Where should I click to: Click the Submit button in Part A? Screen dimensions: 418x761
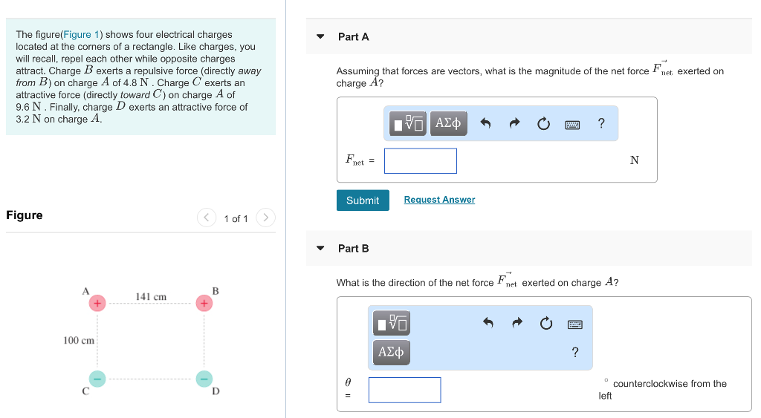point(363,200)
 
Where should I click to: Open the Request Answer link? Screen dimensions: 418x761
point(439,200)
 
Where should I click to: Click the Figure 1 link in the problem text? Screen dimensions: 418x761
point(82,35)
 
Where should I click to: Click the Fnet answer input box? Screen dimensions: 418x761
point(421,161)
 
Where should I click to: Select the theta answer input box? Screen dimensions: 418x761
point(404,390)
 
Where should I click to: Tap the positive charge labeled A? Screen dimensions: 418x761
point(97,303)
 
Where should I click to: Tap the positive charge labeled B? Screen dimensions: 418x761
point(204,303)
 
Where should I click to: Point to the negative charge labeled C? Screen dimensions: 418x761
point(97,378)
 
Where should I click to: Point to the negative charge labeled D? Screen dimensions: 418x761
point(204,378)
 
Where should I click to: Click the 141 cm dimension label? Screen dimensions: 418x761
point(151,297)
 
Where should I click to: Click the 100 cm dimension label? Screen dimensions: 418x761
point(79,341)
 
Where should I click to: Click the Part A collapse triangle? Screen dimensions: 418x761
point(320,36)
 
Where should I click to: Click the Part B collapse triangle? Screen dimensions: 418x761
point(320,248)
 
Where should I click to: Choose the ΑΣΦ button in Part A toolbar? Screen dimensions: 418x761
point(448,123)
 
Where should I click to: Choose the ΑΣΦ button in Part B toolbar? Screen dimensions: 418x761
point(391,351)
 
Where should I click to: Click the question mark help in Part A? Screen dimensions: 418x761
point(601,123)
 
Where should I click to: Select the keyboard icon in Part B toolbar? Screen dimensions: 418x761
point(574,324)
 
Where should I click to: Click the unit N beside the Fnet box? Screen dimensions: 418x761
point(634,160)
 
